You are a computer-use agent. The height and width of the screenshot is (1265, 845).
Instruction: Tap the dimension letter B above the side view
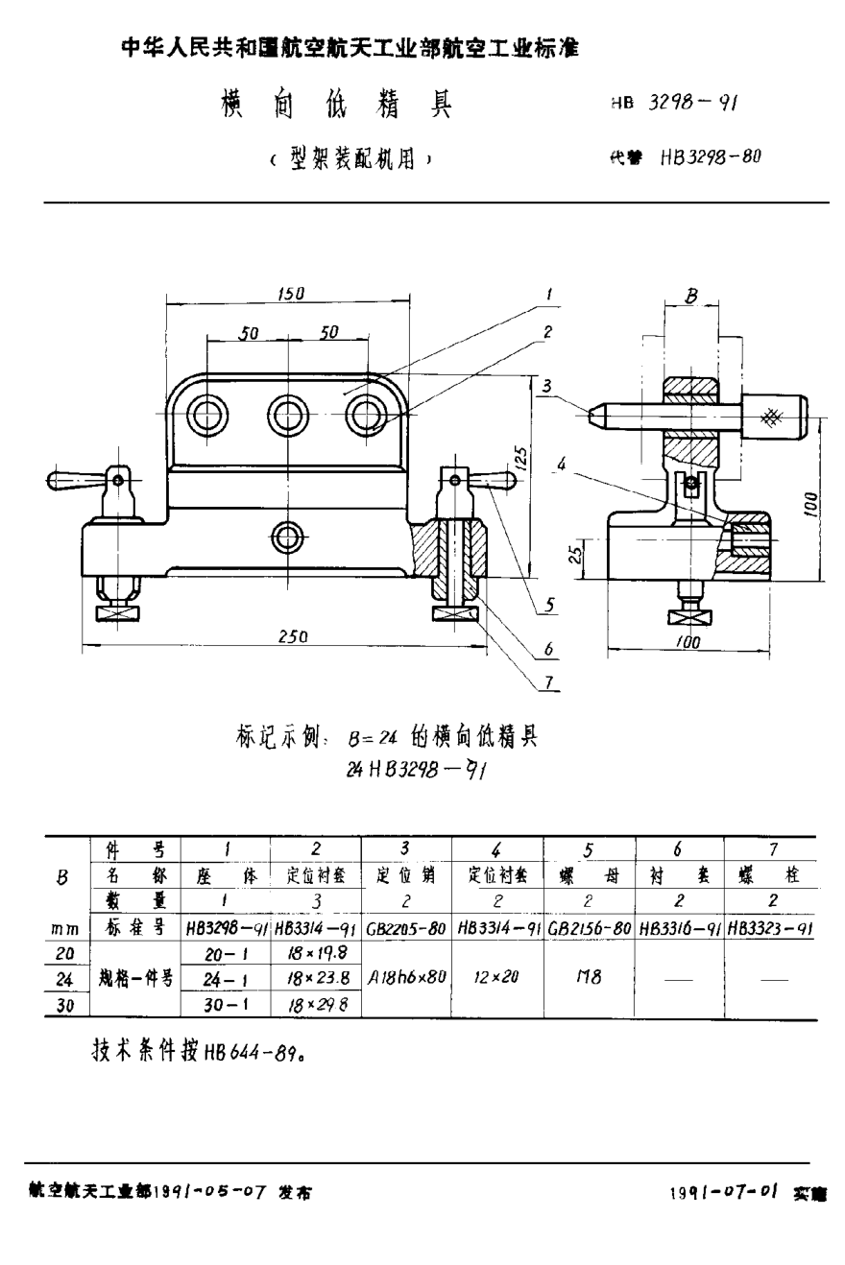click(691, 297)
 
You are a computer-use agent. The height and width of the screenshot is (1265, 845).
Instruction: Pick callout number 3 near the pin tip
click(546, 386)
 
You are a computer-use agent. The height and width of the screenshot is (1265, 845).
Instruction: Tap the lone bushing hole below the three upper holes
click(287, 537)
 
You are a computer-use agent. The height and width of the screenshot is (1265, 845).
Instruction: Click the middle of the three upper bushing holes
click(286, 416)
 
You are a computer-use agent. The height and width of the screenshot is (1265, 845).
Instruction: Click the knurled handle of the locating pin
click(773, 416)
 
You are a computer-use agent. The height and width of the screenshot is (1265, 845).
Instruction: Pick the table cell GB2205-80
click(406, 928)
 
